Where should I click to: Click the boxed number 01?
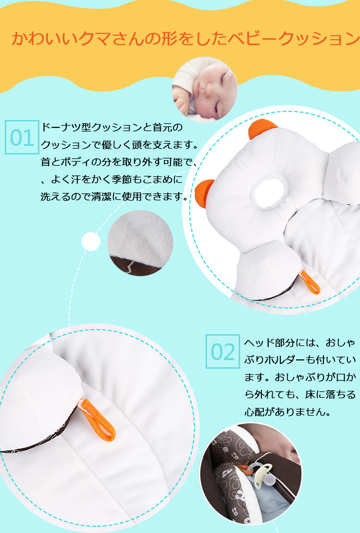pos(22,137)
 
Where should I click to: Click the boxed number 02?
pos(223,351)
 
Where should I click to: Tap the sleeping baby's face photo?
pos(205,90)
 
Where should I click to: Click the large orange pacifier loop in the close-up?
pos(97,421)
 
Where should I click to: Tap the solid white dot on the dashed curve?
pos(91,242)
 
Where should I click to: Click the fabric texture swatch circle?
pos(140,243)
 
